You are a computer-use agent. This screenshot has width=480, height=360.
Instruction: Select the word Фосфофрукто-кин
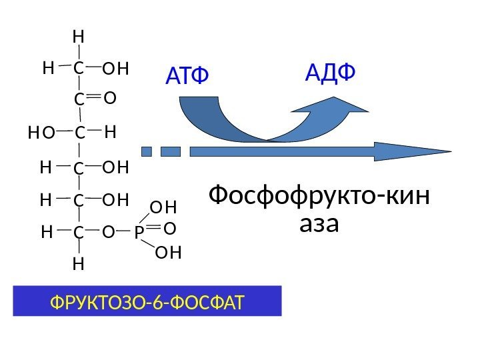(319, 197)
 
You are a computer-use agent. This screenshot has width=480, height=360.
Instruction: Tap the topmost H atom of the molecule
(79, 35)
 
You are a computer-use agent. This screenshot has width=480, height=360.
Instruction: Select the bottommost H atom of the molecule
(79, 265)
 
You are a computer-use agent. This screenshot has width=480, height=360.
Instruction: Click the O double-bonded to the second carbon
(110, 99)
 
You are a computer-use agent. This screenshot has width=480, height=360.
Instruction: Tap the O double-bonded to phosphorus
(169, 229)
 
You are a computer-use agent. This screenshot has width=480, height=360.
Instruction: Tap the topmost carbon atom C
(79, 67)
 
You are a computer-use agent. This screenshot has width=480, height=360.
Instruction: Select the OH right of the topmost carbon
(116, 67)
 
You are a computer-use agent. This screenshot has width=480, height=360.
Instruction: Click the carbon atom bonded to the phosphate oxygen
(79, 233)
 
